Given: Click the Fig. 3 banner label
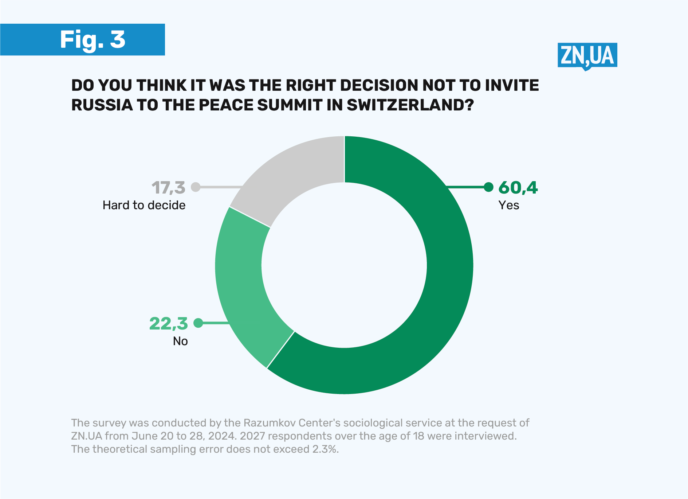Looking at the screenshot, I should [x=93, y=39].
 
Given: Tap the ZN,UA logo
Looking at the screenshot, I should [x=587, y=56].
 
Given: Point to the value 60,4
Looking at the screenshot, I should [x=518, y=187].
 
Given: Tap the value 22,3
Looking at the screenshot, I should [x=168, y=323].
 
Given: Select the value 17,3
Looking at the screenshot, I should [x=168, y=188].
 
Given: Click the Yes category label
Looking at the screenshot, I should [x=508, y=205].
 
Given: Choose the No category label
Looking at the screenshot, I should [x=180, y=341].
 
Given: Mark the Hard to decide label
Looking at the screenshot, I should [x=144, y=205].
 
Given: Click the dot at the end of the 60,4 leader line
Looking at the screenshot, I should [x=488, y=187].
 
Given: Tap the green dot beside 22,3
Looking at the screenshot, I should [x=198, y=323].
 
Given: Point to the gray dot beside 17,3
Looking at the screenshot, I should [x=196, y=187].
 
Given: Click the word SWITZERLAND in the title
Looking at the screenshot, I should [x=410, y=105].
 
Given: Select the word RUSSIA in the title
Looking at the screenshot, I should [x=102, y=105].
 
